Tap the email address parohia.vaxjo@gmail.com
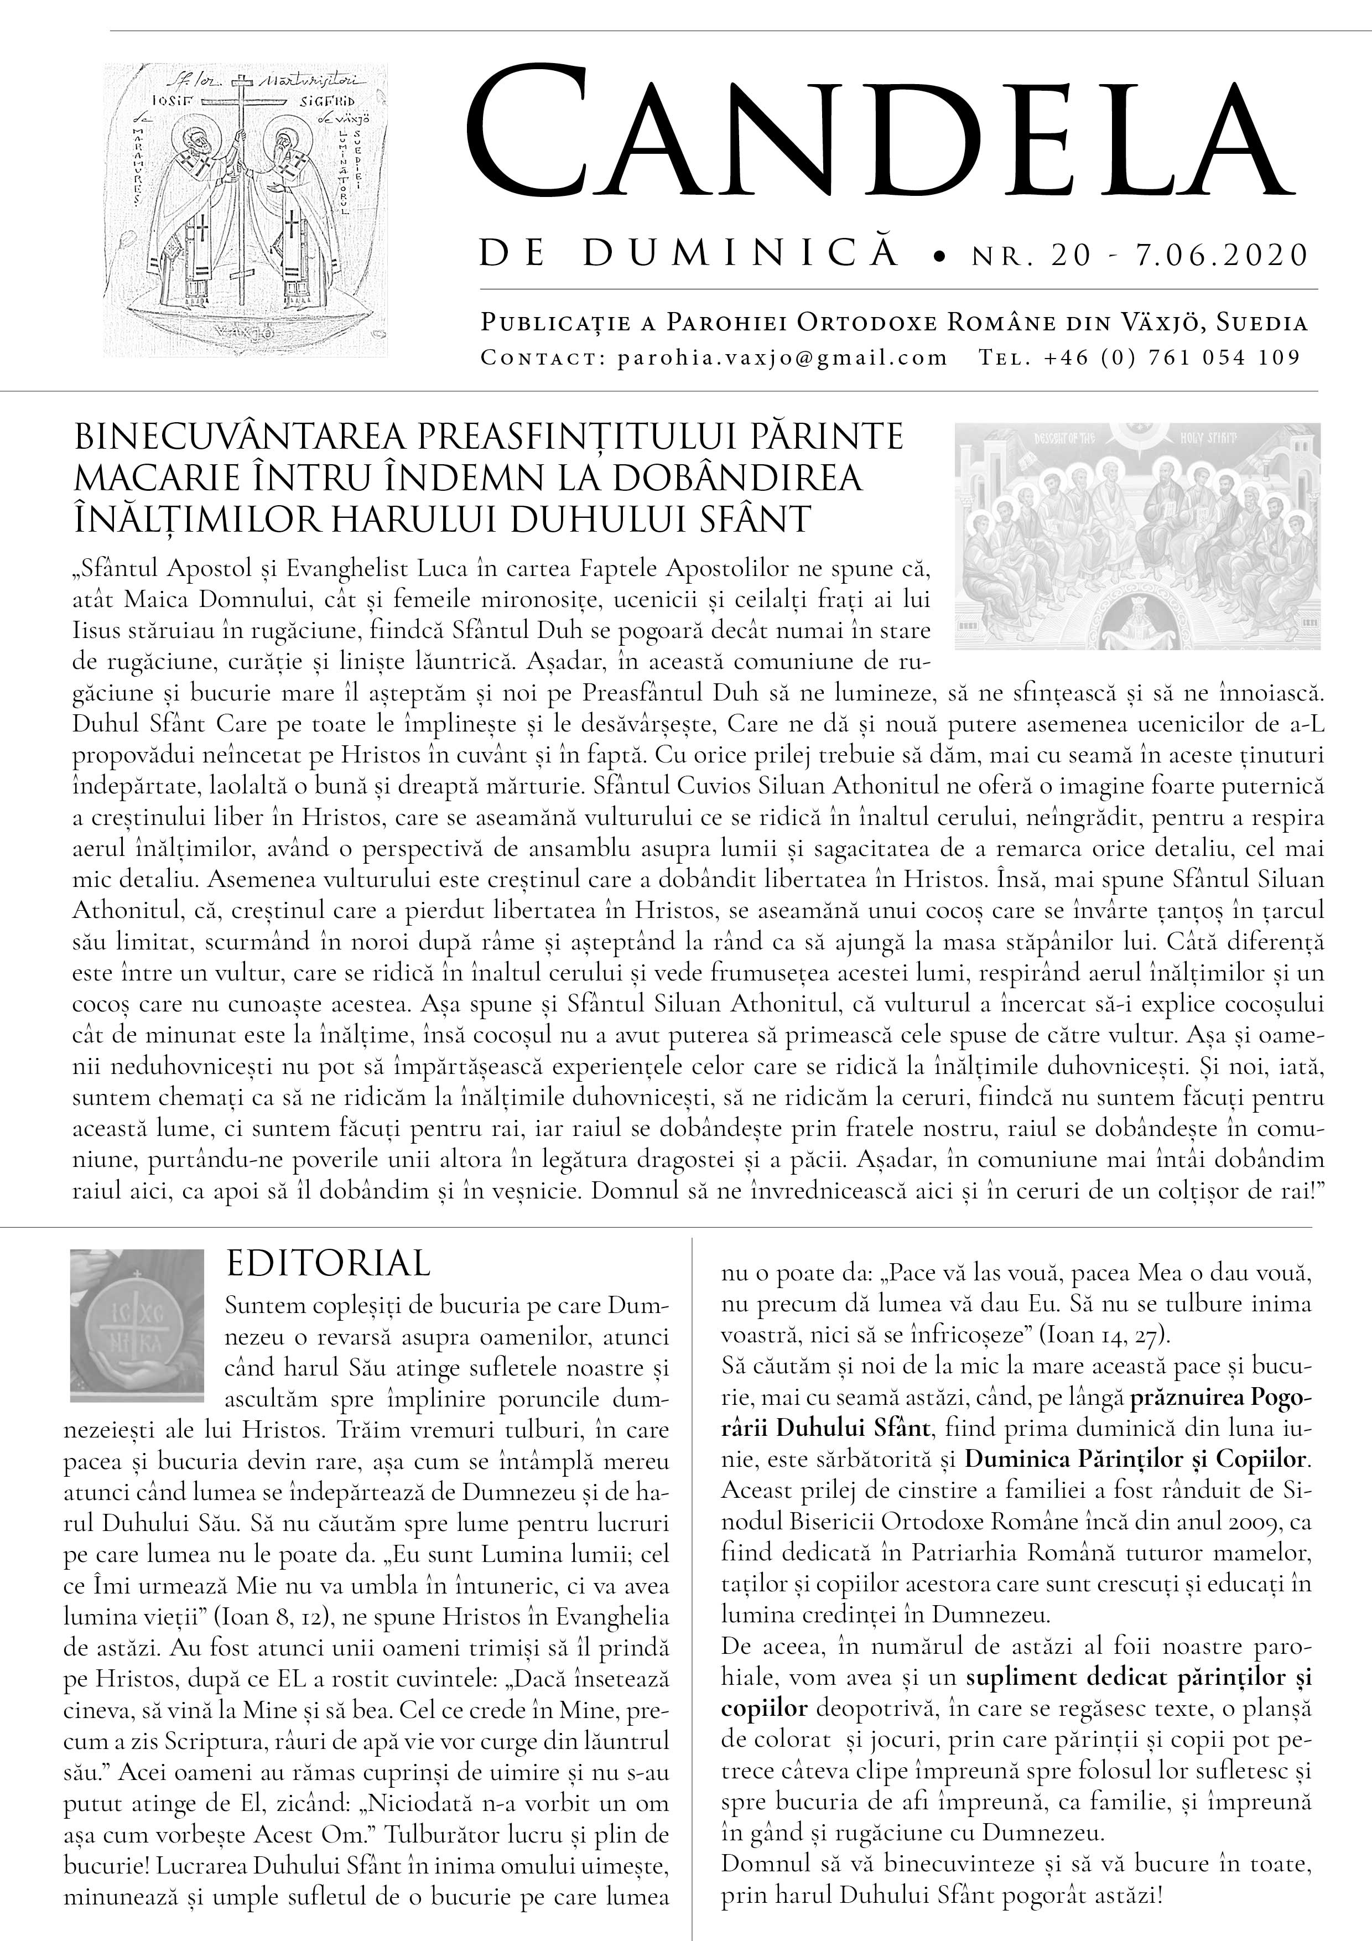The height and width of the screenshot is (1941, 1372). click(x=782, y=357)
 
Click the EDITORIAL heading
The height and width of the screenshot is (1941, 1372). click(x=329, y=1264)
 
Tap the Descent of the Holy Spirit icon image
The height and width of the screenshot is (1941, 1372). click(x=1137, y=537)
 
